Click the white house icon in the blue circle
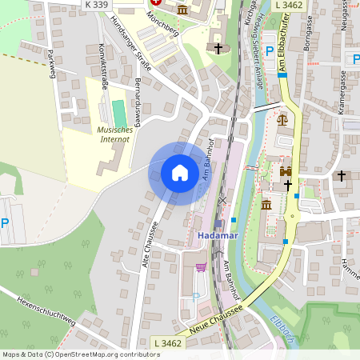(x=180, y=173)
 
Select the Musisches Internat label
(x=114, y=134)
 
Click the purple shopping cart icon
(x=201, y=266)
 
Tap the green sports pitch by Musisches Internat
(x=118, y=113)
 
